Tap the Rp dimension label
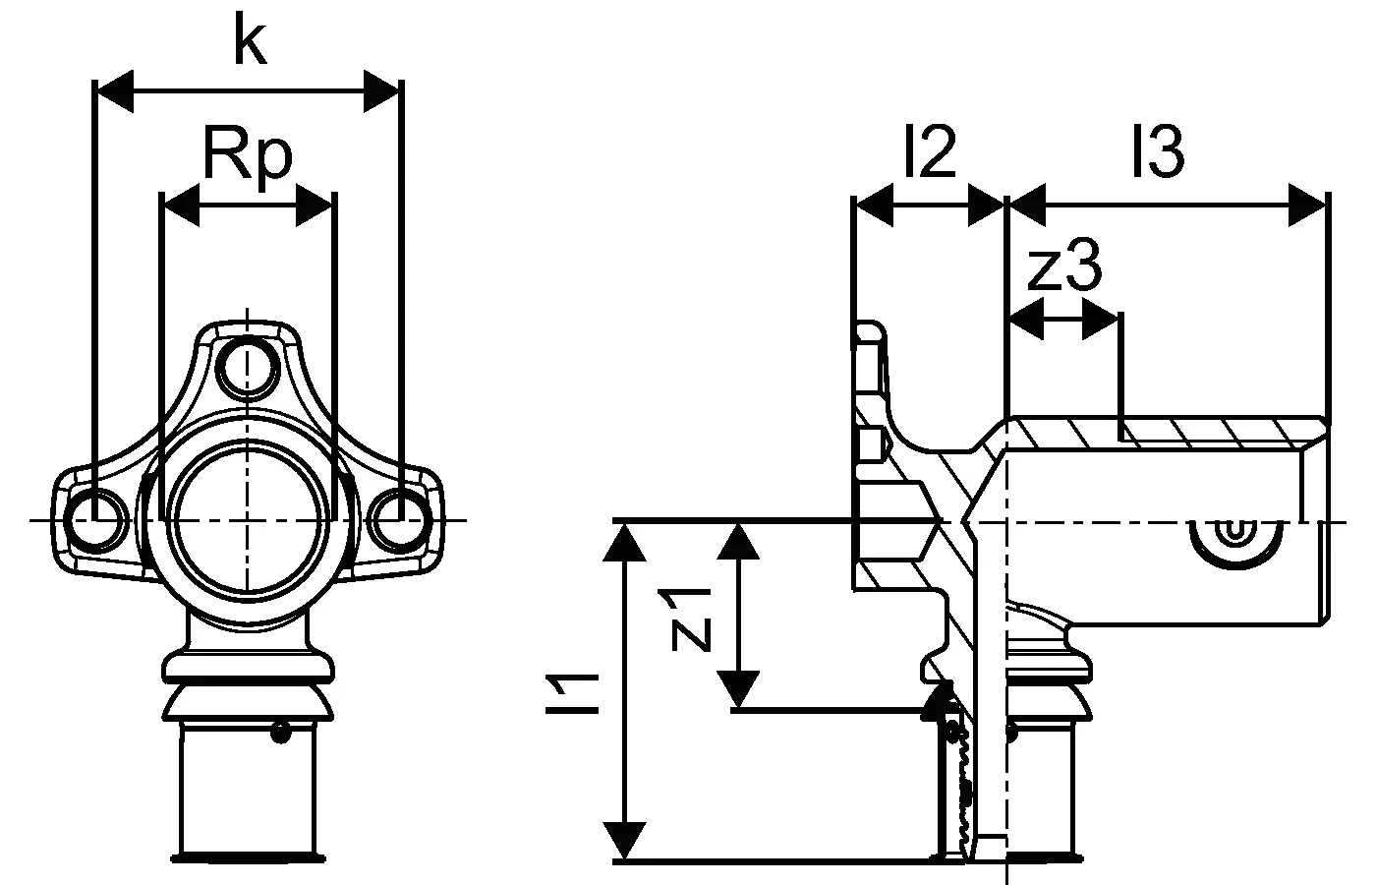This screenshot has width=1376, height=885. (248, 153)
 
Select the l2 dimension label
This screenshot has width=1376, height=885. (930, 151)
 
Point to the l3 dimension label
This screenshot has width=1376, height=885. (1158, 151)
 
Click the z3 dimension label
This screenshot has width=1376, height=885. (1064, 265)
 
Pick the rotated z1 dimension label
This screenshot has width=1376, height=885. (685, 619)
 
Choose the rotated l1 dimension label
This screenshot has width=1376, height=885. (572, 694)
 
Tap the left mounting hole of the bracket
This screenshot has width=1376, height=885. (96, 520)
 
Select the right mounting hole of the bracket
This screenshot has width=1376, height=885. (400, 520)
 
